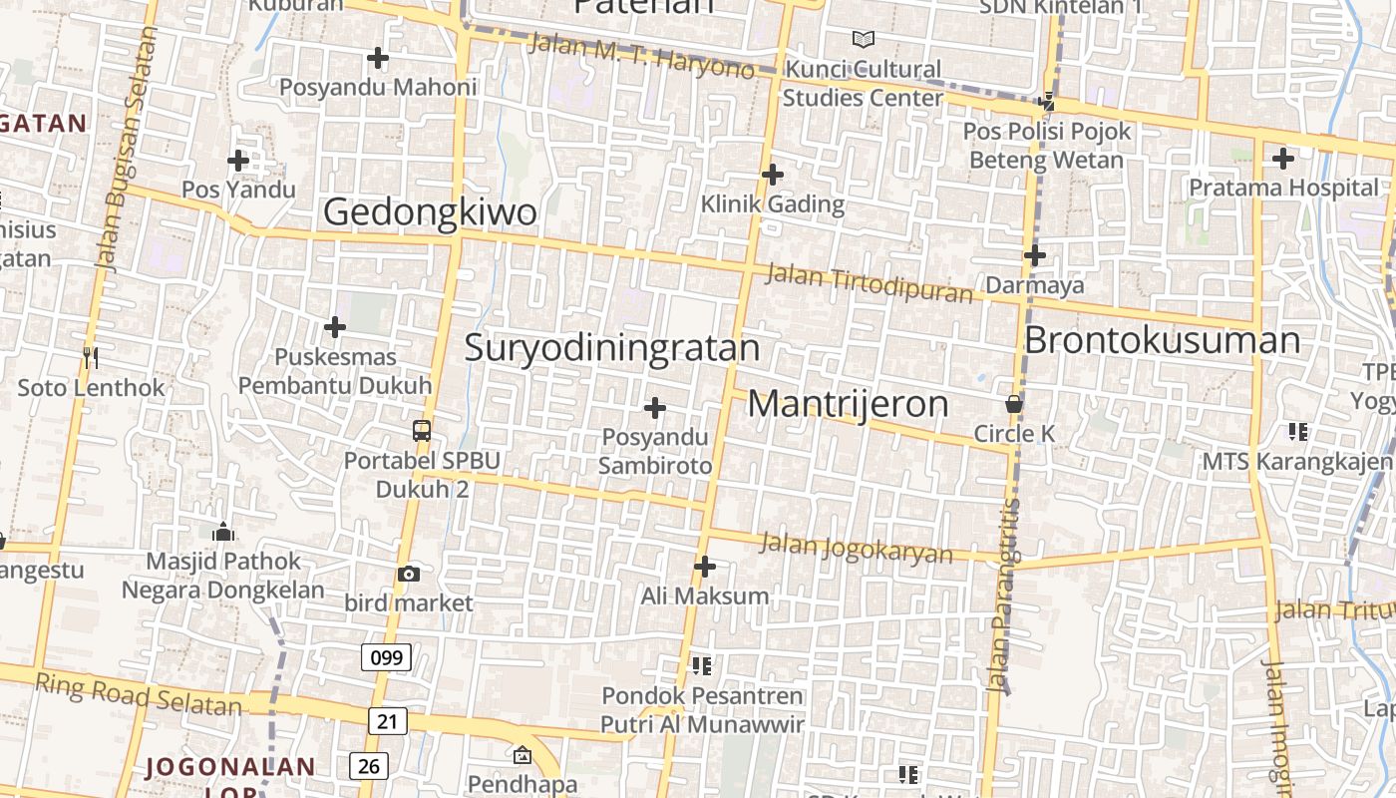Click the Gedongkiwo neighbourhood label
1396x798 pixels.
click(430, 212)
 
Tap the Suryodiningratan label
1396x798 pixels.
click(612, 348)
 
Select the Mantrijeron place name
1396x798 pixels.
click(848, 404)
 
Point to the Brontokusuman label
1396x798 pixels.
click(1162, 340)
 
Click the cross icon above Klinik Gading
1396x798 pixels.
click(772, 175)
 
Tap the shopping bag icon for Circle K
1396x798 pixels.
click(1014, 405)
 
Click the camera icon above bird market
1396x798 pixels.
click(408, 574)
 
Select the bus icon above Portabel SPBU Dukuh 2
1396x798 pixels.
click(422, 431)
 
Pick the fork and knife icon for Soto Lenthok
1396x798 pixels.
click(91, 357)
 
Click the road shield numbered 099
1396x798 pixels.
click(386, 657)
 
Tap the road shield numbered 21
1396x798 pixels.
click(387, 721)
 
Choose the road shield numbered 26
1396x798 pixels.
click(369, 766)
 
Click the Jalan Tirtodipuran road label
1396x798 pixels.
click(869, 284)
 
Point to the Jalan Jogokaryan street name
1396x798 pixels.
click(856, 549)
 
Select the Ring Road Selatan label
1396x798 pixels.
click(139, 694)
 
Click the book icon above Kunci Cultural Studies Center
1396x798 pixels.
click(864, 39)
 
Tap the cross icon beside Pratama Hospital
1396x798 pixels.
click(1283, 158)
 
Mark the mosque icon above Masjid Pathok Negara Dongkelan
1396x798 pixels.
click(223, 532)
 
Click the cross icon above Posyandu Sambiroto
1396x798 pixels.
click(655, 408)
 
